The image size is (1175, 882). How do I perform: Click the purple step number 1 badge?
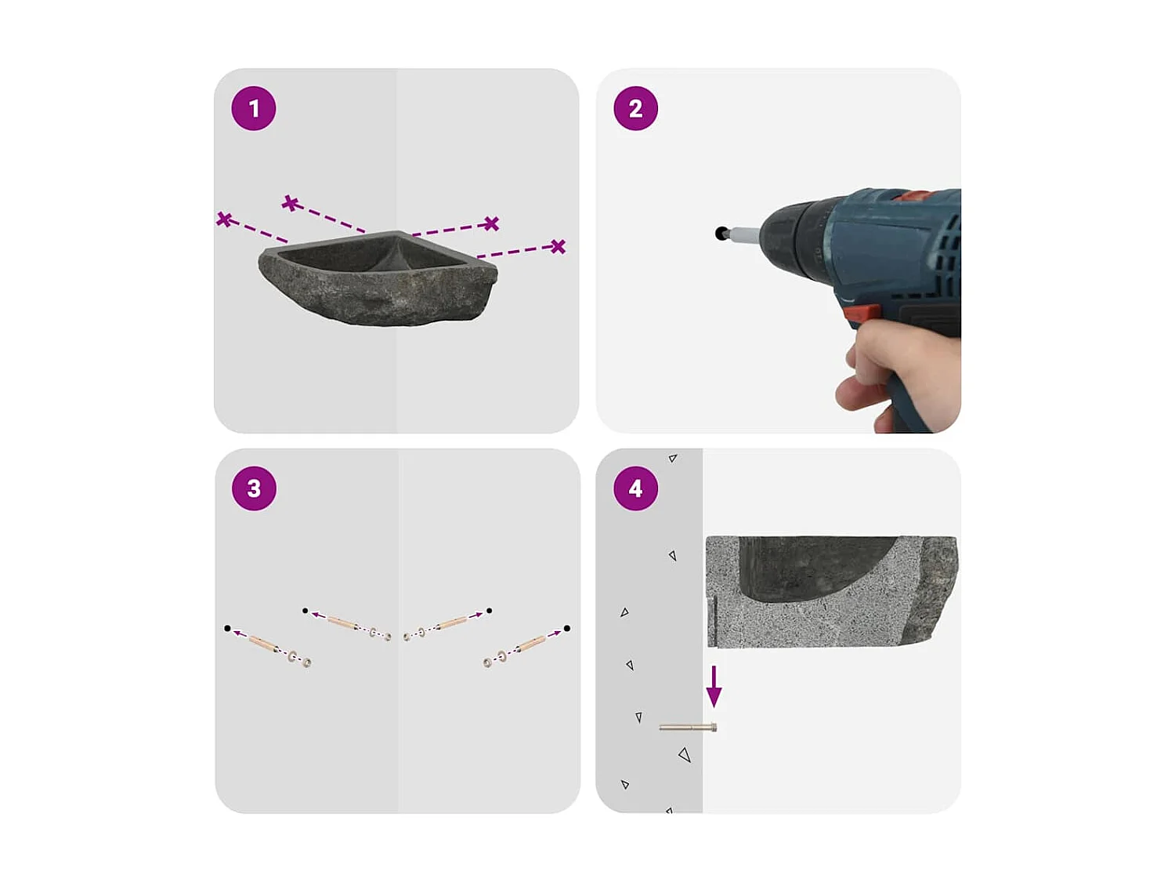(x=254, y=108)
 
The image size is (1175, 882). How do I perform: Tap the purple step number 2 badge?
(x=635, y=108)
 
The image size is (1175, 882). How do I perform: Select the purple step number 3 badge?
(x=254, y=488)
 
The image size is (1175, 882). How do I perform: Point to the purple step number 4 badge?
(x=635, y=488)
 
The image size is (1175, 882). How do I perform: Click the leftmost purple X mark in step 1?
(x=224, y=220)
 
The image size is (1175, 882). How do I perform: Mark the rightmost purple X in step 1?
(x=558, y=247)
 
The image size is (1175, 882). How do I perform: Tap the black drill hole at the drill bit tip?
(x=721, y=233)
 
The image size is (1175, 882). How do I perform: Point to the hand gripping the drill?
(x=901, y=368)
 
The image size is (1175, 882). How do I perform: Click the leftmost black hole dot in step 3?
(x=227, y=628)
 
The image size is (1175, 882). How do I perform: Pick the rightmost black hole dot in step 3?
(x=566, y=628)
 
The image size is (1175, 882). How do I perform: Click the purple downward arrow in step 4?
(x=714, y=687)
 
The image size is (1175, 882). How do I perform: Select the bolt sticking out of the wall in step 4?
(x=688, y=728)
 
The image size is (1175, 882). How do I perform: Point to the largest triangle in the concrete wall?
(x=685, y=755)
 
